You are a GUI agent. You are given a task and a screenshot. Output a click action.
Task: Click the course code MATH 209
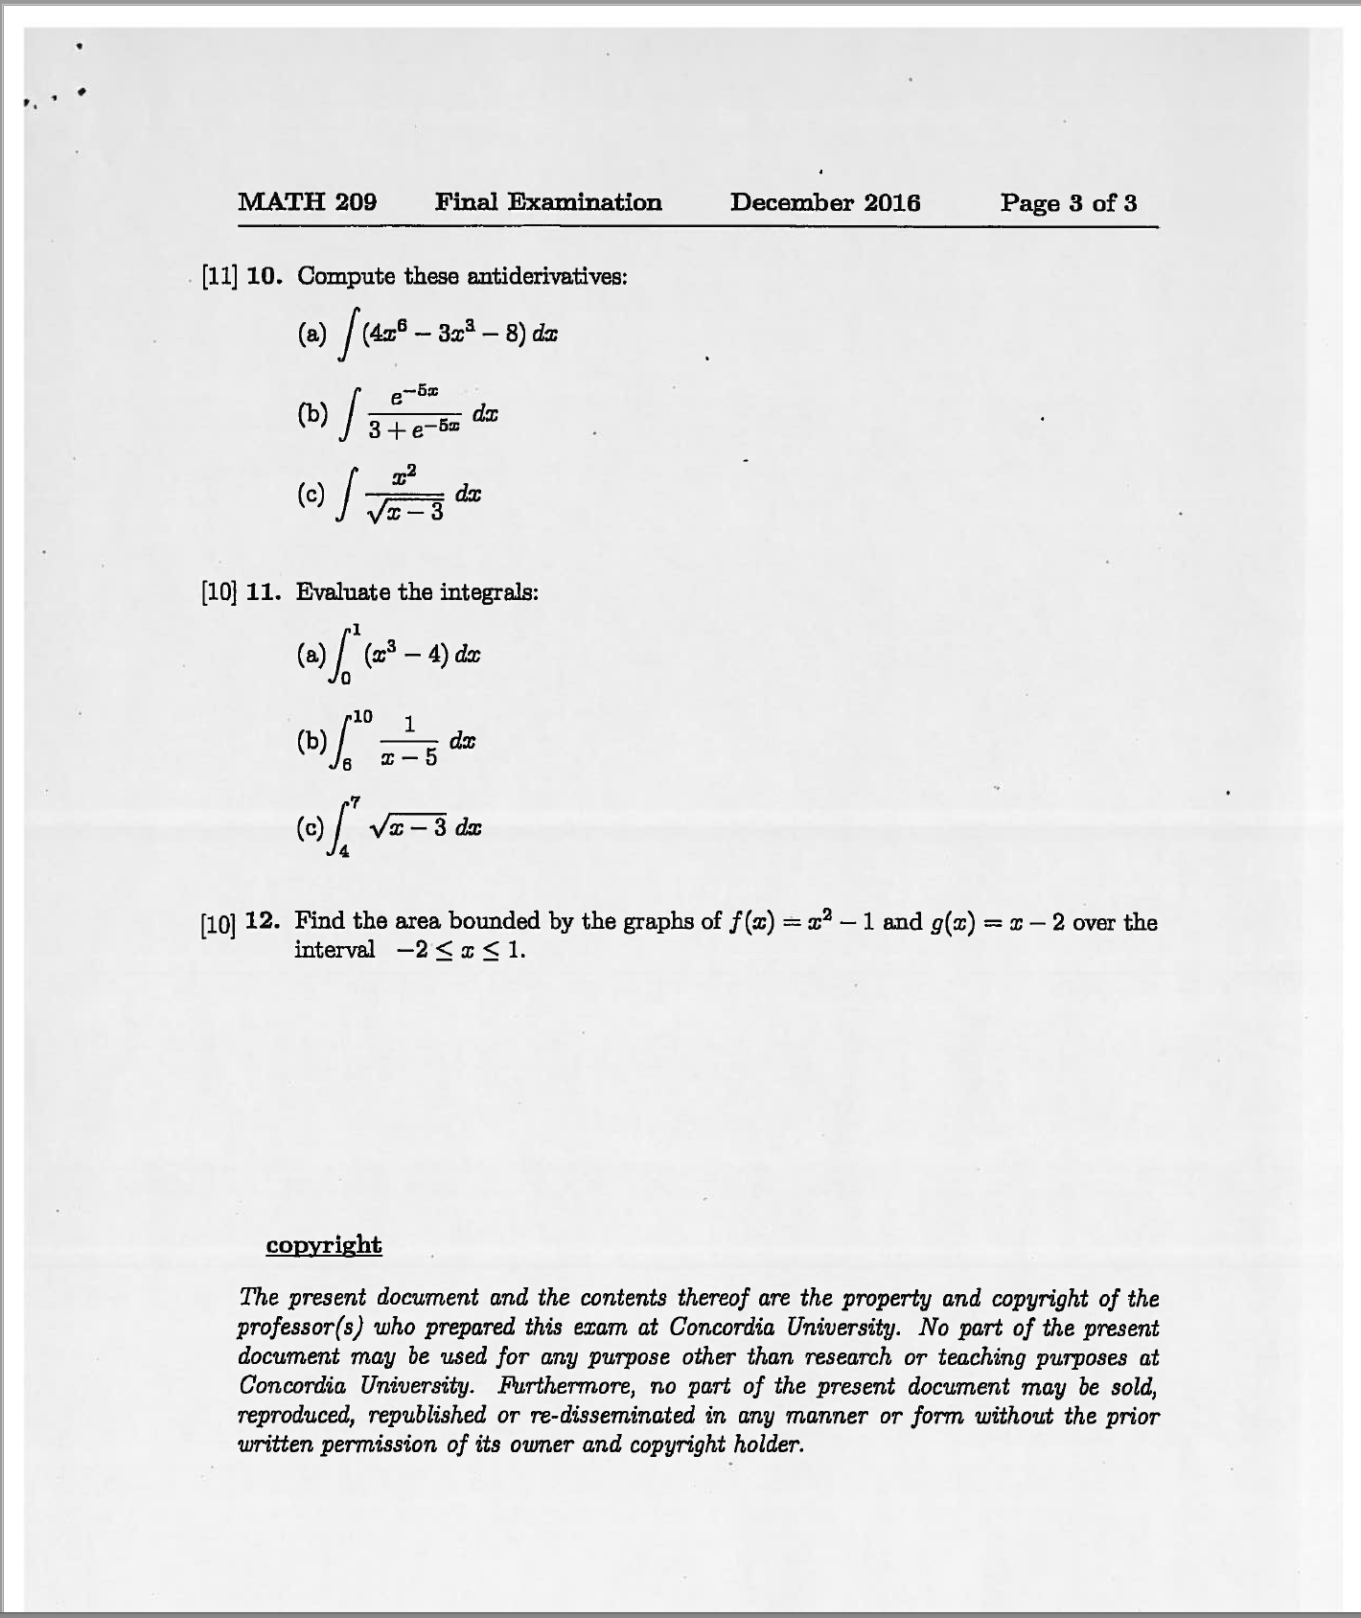pyautogui.click(x=307, y=202)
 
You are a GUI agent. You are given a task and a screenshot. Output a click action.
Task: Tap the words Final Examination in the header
pyautogui.click(x=548, y=202)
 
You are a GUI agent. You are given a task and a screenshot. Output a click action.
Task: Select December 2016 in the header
pyautogui.click(x=824, y=202)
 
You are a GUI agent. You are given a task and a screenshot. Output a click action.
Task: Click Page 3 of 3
pyautogui.click(x=1069, y=202)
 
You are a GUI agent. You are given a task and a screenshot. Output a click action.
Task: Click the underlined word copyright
pyautogui.click(x=323, y=1245)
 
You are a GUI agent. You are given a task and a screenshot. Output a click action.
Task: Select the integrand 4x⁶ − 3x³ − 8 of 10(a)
pyautogui.click(x=440, y=334)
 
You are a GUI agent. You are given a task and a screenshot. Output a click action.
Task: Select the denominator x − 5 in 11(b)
pyautogui.click(x=409, y=758)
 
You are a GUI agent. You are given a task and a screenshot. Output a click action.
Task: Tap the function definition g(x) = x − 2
pyautogui.click(x=997, y=922)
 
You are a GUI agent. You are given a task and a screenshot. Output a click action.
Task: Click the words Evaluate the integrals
pyautogui.click(x=417, y=592)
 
